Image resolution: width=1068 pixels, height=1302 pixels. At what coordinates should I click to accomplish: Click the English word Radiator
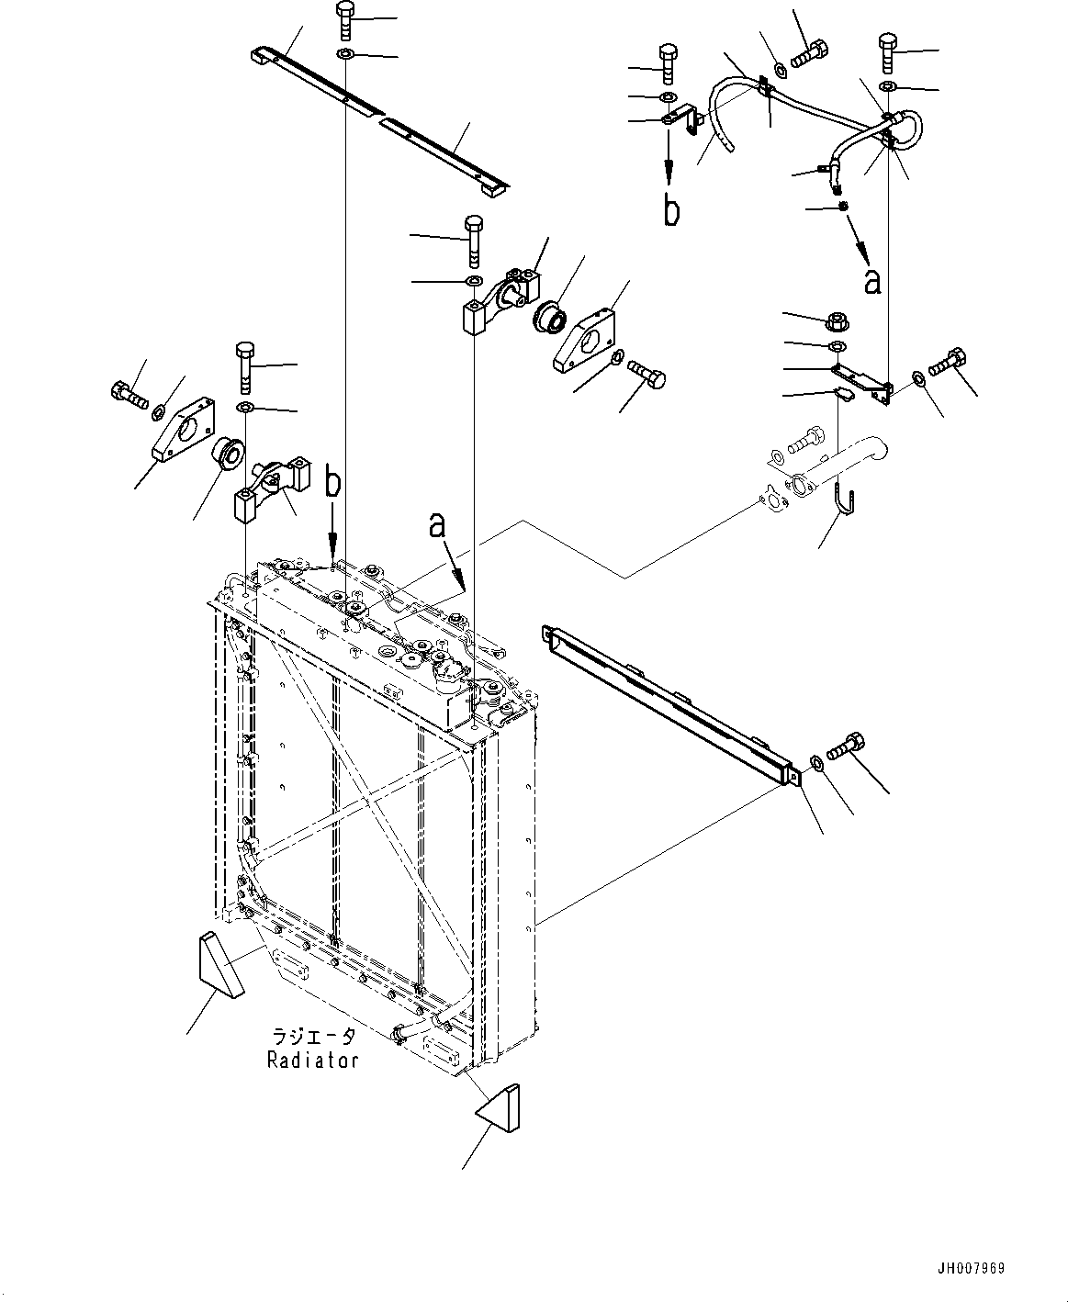point(312,1060)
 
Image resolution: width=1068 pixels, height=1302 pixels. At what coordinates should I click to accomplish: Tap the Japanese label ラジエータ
point(314,1036)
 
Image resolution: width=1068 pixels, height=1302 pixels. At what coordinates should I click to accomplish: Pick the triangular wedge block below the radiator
point(499,1107)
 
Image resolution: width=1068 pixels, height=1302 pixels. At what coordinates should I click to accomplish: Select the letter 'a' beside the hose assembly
point(872,282)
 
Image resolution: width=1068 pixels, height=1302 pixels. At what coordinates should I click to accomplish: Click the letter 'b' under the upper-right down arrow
point(671,210)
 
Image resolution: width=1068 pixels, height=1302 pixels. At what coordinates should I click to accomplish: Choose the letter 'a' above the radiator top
point(437,526)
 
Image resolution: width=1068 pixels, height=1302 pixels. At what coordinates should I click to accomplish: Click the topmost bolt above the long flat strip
point(345,21)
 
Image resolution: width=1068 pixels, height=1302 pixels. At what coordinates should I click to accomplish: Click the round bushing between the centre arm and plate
point(549,318)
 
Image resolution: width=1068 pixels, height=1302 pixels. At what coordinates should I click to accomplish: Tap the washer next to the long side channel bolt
point(815,763)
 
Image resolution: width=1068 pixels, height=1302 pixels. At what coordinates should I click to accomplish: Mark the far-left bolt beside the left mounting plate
point(130,394)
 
